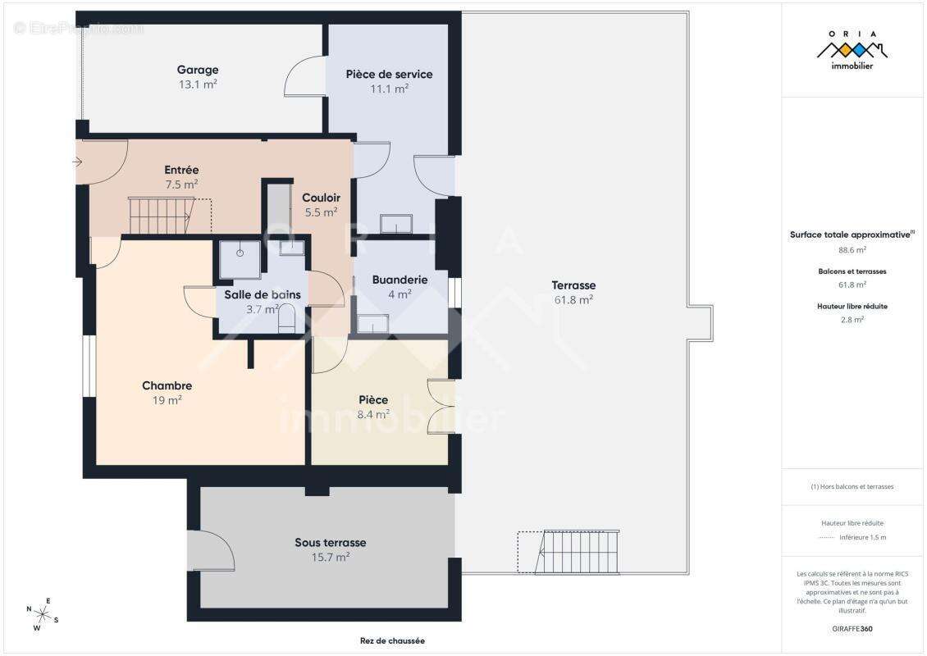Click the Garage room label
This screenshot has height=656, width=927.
pos(198,70)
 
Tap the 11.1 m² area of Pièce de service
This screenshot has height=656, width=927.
pos(389,89)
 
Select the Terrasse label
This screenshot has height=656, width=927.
pos(573,285)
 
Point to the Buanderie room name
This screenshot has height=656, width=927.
pos(400,280)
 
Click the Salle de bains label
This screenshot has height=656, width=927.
pos(263,294)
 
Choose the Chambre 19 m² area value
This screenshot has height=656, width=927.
pos(167,400)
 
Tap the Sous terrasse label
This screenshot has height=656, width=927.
pos(331,543)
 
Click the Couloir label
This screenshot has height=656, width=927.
pos(321,198)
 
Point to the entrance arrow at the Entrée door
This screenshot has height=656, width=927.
pos(77,162)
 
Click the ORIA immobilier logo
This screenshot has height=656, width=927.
pos(852,50)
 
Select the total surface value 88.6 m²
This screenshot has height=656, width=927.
pos(852,250)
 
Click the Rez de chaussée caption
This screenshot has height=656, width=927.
pos(393,640)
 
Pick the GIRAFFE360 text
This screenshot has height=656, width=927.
pos(852,629)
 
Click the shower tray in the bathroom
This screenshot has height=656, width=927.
pos(240,259)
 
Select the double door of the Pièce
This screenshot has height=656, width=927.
pos(441,407)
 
